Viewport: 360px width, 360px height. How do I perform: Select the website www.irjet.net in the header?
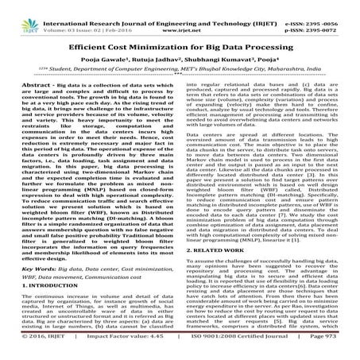coord(179,15)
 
